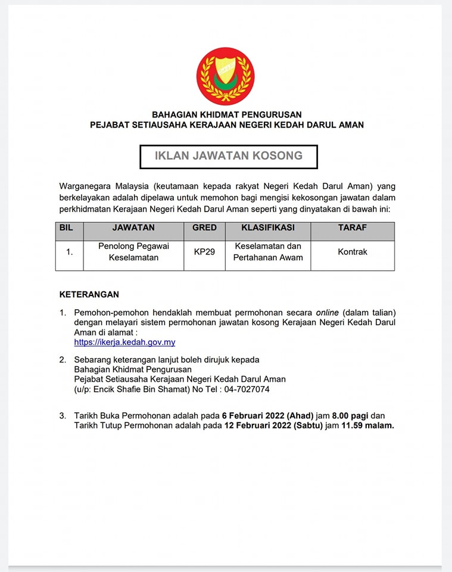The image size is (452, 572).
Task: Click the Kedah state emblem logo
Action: click(x=226, y=76)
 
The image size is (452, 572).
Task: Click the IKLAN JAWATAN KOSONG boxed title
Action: click(x=229, y=156)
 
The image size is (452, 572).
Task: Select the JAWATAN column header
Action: click(x=133, y=228)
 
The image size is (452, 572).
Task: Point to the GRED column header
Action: click(x=204, y=228)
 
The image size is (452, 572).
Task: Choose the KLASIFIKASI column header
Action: click(x=268, y=228)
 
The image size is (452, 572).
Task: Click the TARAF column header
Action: click(x=353, y=228)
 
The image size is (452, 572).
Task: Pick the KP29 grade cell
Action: click(x=204, y=252)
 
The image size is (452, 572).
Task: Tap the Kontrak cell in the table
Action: click(x=353, y=252)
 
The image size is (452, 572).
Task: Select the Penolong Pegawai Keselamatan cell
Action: click(x=133, y=252)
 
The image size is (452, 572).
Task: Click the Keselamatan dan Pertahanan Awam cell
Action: click(x=268, y=252)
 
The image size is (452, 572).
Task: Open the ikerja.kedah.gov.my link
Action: click(x=124, y=343)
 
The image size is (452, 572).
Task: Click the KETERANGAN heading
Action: click(x=89, y=294)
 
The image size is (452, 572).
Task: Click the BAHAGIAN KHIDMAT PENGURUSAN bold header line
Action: click(x=227, y=114)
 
